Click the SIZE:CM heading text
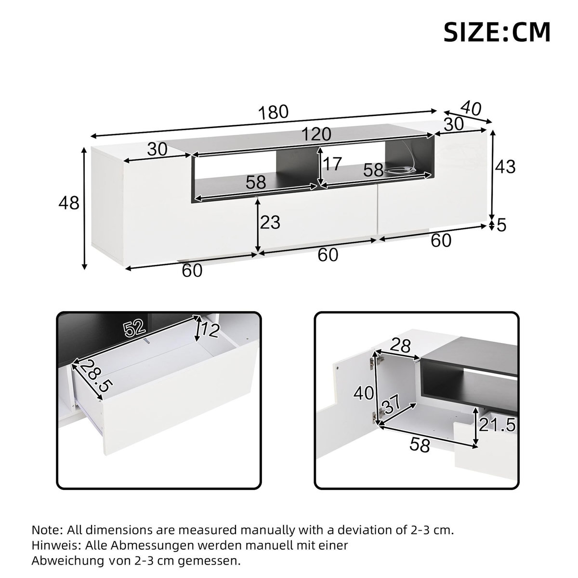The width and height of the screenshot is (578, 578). coord(497,32)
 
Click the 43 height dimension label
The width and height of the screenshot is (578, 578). coord(505,167)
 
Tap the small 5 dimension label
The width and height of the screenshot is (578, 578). coord(502,225)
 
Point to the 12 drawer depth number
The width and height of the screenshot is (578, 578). coord(210,330)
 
